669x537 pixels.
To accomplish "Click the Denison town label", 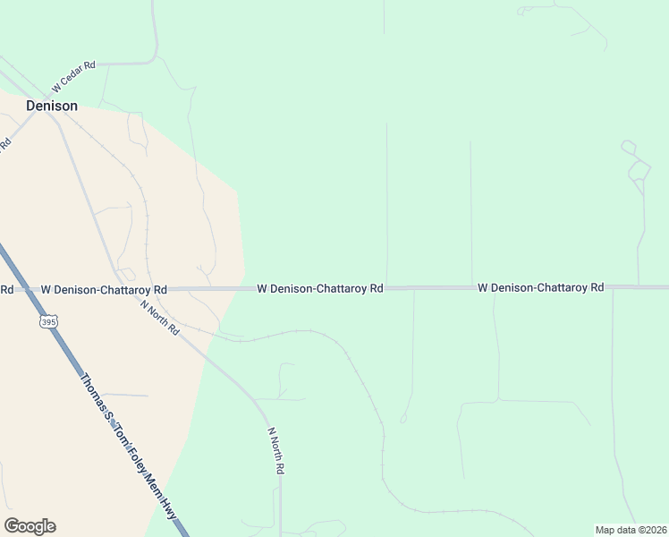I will click(51, 106).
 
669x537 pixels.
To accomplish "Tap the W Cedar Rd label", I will click(73, 77).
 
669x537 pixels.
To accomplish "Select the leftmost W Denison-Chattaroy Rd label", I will click(104, 290).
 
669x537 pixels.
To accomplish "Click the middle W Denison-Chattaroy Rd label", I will click(320, 289).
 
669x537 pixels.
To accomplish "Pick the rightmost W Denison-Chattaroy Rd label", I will click(540, 287).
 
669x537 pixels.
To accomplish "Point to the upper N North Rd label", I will click(160, 318).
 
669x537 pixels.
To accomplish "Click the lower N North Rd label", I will click(277, 450).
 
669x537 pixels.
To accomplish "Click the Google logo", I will click(30, 526).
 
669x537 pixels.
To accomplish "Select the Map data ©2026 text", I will click(631, 530).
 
